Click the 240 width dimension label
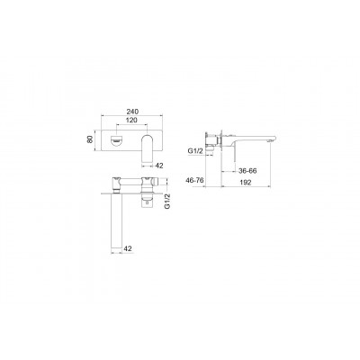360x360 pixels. pos(132,112)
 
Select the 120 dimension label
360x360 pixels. pos(131,121)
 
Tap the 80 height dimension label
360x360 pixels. pos(89,139)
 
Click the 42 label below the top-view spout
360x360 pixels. pos(128,248)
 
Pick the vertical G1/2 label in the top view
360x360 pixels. pos(167,201)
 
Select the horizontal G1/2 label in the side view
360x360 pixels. pos(194,151)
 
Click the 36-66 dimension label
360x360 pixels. pos(247,171)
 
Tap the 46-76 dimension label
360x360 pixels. pos(195,180)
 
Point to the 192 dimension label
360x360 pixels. pos(246,182)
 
